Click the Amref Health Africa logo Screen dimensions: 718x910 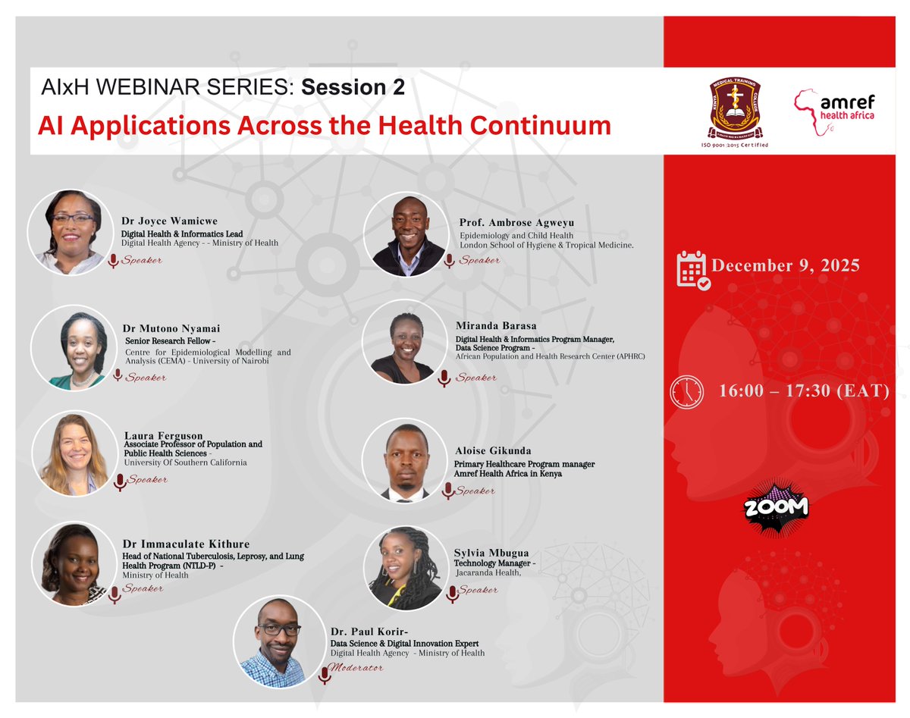[833, 111]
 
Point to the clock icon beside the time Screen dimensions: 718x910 [686, 392]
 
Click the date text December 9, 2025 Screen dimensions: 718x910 [785, 265]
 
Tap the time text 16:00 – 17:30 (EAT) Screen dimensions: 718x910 [804, 392]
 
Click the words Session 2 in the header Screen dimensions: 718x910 [353, 88]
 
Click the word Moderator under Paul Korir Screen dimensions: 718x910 [358, 668]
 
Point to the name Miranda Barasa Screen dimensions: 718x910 [496, 325]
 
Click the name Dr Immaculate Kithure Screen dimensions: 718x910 [186, 544]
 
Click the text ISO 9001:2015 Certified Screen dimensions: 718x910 [735, 144]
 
